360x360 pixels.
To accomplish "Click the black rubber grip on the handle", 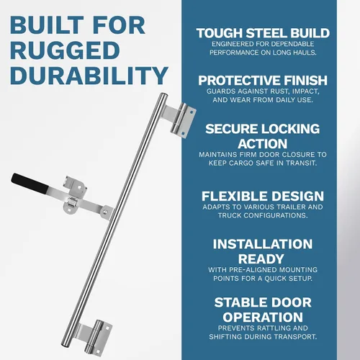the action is click(30, 183).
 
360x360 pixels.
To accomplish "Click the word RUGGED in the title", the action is click(65, 50).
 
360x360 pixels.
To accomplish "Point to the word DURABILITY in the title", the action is click(89, 76).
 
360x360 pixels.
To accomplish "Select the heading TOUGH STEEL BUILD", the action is click(263, 33).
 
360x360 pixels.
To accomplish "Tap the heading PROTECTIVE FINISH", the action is click(263, 81).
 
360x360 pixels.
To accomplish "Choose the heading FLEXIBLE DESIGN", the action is click(263, 196).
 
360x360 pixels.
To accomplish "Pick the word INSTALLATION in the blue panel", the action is click(263, 244).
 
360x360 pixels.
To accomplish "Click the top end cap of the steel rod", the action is click(163, 96).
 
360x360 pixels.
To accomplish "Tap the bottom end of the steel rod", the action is click(65, 344).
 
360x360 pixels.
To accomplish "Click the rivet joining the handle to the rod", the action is click(105, 212).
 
